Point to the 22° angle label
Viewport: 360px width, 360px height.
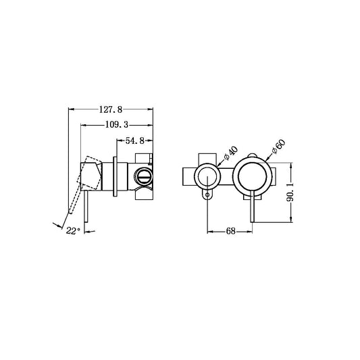tap(74, 231)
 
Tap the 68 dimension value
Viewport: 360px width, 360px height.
tap(229, 231)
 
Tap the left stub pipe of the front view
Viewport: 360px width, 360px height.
tap(186, 177)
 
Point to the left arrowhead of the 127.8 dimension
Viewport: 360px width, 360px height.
tap(72, 109)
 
